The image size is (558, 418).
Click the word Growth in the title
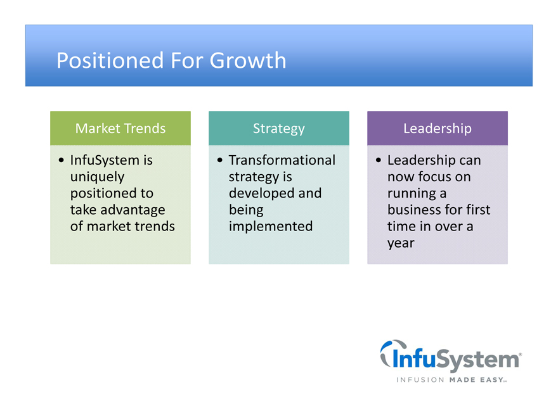pyautogui.click(x=248, y=60)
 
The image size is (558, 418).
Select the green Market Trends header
pyautogui.click(x=120, y=128)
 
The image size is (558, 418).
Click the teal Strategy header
pyautogui.click(x=279, y=128)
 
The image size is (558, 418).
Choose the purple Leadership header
pyautogui.click(x=438, y=128)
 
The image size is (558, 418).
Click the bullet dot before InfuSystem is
pyautogui.click(x=62, y=160)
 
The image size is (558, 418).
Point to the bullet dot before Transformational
pyautogui.click(x=220, y=160)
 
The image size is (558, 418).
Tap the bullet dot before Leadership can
pyautogui.click(x=379, y=160)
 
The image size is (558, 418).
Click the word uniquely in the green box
pyautogui.click(x=98, y=177)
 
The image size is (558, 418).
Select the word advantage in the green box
pyautogui.click(x=133, y=210)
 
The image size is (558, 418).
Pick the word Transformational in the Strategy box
pyautogui.click(x=282, y=160)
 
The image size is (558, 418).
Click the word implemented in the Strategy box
pyautogui.click(x=271, y=227)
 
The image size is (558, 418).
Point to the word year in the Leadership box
pyautogui.click(x=401, y=243)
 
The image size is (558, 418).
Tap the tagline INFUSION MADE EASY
pyautogui.click(x=451, y=380)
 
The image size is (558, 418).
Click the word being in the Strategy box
pyautogui.click(x=246, y=210)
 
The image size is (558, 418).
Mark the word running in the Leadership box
pyautogui.click(x=412, y=194)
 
